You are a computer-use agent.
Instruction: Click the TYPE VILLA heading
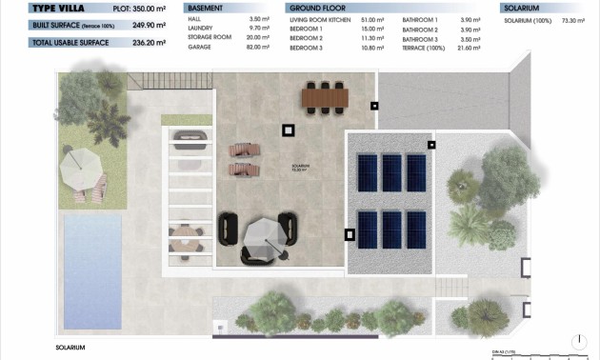(41, 8)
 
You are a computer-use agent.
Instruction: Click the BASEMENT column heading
(205, 8)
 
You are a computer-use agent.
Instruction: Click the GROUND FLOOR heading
(315, 8)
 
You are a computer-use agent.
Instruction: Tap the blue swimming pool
(91, 270)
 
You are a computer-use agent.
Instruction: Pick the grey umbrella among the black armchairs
(260, 231)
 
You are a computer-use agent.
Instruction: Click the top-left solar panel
(366, 173)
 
